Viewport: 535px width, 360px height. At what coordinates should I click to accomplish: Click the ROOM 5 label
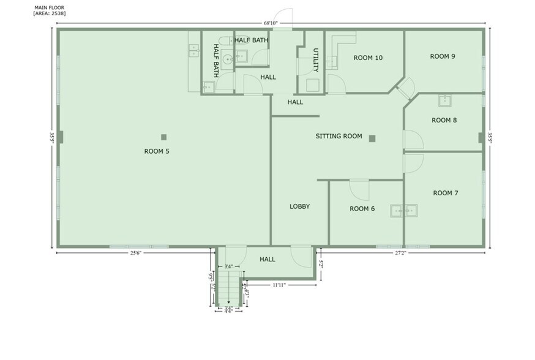(x=157, y=151)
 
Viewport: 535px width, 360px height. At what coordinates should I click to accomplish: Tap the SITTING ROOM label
(x=339, y=136)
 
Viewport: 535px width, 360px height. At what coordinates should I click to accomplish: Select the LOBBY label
(x=299, y=206)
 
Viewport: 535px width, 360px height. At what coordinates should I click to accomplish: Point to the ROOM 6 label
(x=362, y=209)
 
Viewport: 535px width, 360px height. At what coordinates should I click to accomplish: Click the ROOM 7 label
(x=446, y=193)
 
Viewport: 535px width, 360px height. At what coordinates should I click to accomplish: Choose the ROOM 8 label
(x=444, y=120)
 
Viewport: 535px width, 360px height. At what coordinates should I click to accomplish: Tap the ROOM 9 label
(x=443, y=56)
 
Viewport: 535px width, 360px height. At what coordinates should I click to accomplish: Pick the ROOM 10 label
(x=368, y=58)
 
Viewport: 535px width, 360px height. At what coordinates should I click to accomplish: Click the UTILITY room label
(x=316, y=59)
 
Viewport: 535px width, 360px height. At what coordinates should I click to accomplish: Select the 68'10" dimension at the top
(x=271, y=23)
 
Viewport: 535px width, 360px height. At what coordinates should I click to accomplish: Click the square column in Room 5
(x=163, y=137)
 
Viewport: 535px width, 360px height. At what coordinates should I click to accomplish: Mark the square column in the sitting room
(x=372, y=138)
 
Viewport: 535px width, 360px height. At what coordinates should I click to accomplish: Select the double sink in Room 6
(x=404, y=211)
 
